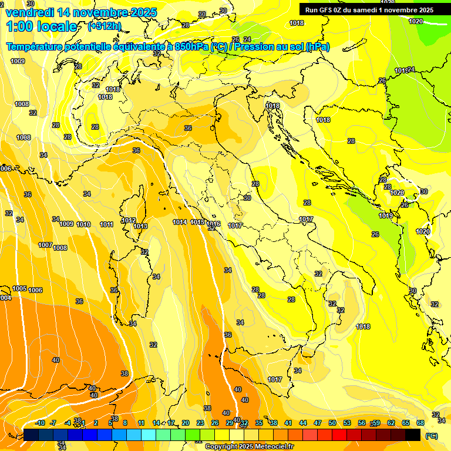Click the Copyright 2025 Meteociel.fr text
coord(249,447)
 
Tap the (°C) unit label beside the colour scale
coord(431,435)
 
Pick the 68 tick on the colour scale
coord(420,423)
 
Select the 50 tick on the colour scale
coord(332,423)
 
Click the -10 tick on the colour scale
coord(40,423)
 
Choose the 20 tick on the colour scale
coord(186,423)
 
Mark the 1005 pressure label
coord(19,288)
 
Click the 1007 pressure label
coord(45,245)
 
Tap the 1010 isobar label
coord(83,224)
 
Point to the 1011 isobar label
coord(106,224)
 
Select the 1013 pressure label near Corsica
coord(140,226)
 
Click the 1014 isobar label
coord(180,222)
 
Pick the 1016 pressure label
coord(213,224)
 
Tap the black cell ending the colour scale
coord(413,435)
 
